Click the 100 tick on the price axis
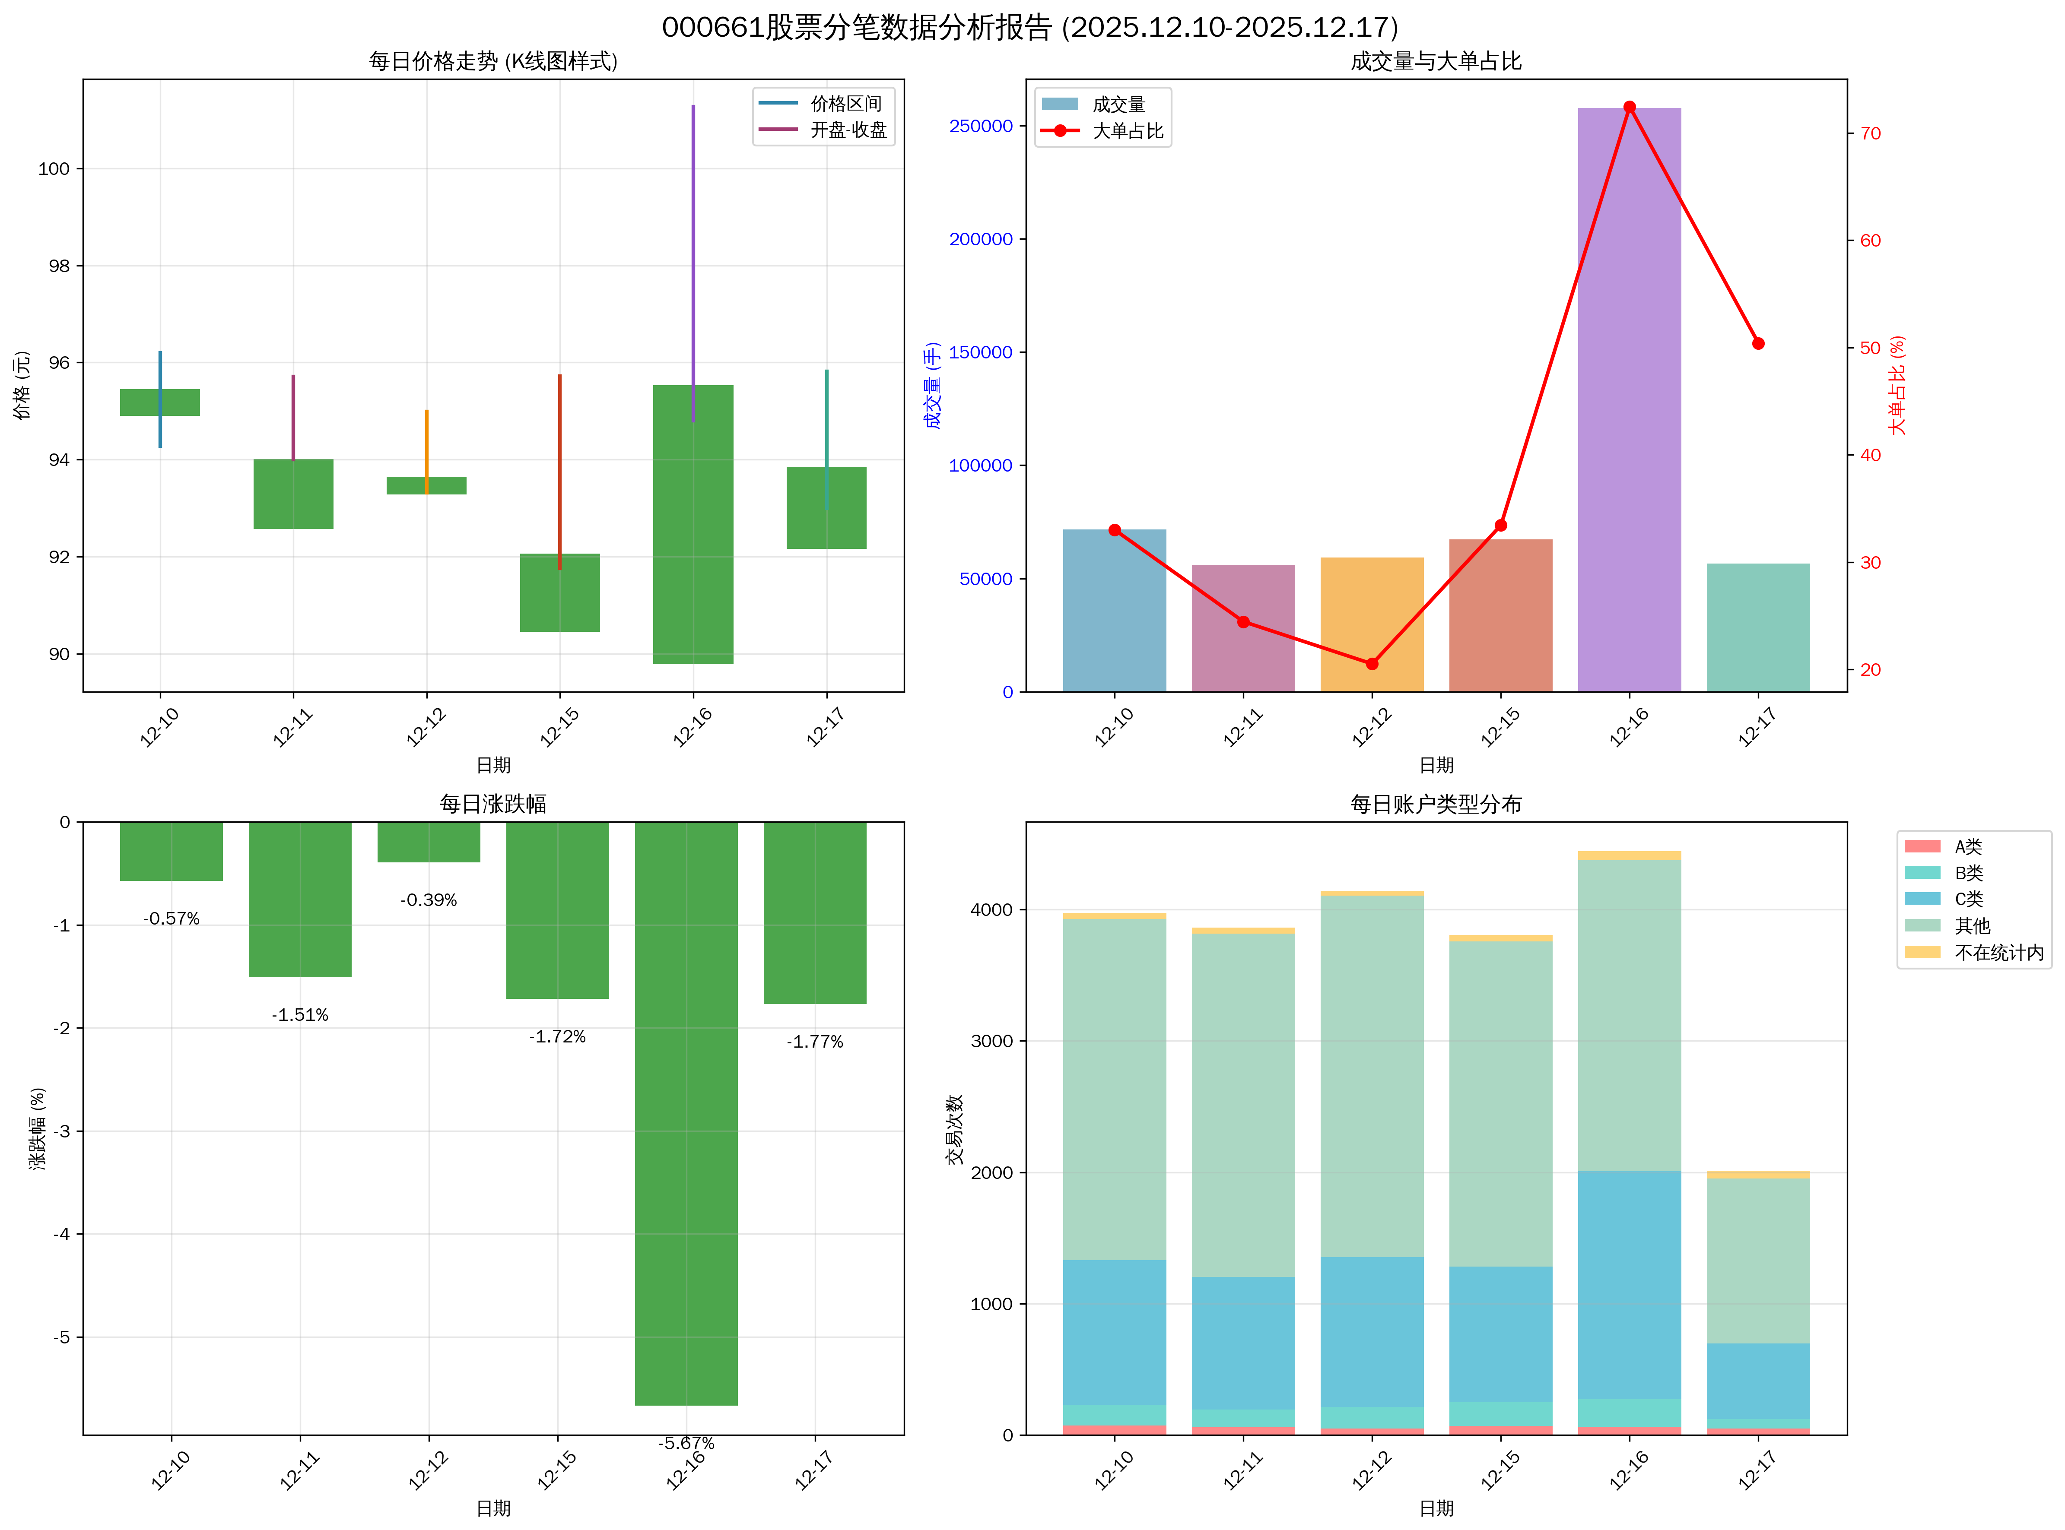click(54, 168)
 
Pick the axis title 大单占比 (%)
click(1897, 385)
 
